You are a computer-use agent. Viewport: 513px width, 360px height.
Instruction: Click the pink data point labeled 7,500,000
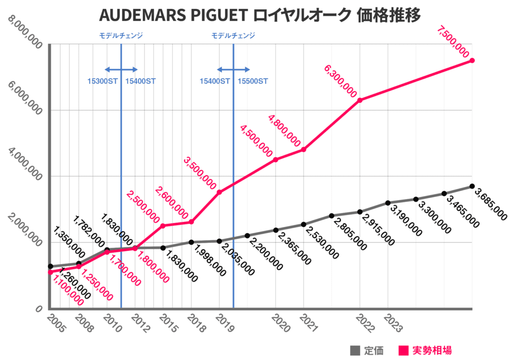(472, 61)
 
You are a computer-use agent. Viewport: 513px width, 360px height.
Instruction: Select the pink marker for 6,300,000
(360, 100)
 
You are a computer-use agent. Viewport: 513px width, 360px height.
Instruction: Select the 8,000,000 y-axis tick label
(25, 33)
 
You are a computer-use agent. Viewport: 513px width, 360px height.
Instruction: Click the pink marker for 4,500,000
(276, 160)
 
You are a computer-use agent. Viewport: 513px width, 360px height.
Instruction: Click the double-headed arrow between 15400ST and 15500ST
(233, 70)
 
